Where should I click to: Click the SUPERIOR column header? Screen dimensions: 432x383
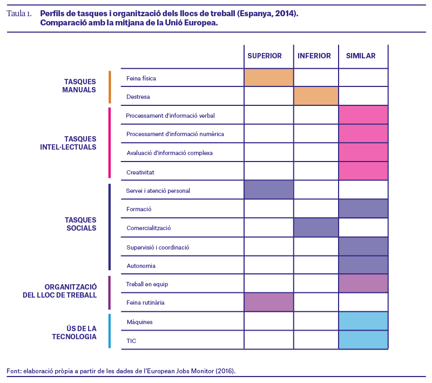265,56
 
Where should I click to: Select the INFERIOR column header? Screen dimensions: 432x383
314,56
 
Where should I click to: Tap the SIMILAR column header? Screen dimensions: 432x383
361,56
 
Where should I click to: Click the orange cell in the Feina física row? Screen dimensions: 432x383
269,78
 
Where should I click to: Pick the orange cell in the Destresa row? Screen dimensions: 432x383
316,96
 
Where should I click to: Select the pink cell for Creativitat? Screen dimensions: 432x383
363,171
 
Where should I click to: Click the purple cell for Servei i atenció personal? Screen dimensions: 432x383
269,190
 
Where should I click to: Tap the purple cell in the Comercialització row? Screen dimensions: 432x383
316,227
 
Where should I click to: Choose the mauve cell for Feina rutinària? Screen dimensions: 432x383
269,303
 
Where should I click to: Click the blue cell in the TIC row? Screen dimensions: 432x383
363,340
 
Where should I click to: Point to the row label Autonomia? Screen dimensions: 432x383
141,266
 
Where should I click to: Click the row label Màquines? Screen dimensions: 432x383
139,322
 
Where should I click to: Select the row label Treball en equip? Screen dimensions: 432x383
147,284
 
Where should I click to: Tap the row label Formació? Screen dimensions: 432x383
139,209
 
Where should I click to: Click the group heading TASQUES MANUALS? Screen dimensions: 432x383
79,86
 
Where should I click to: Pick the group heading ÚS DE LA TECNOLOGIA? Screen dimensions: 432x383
74,333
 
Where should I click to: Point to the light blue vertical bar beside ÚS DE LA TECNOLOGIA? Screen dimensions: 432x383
110,331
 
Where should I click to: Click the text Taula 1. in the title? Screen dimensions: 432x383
19,14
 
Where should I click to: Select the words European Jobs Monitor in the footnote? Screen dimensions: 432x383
180,371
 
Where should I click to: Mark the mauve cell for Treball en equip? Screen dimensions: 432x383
363,283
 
